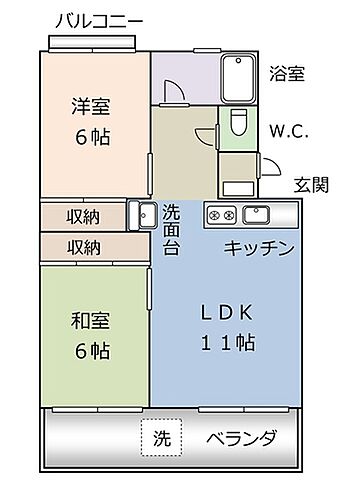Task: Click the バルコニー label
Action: coord(99,19)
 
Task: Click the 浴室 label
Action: coord(287,73)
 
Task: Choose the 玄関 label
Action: coord(313,186)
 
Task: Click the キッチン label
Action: coord(259,248)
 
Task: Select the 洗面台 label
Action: coord(171,228)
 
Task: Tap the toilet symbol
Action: coord(238,126)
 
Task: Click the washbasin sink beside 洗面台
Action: coord(141,215)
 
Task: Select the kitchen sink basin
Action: coord(257,214)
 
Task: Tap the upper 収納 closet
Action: coord(83,216)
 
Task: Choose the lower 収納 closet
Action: coord(83,246)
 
